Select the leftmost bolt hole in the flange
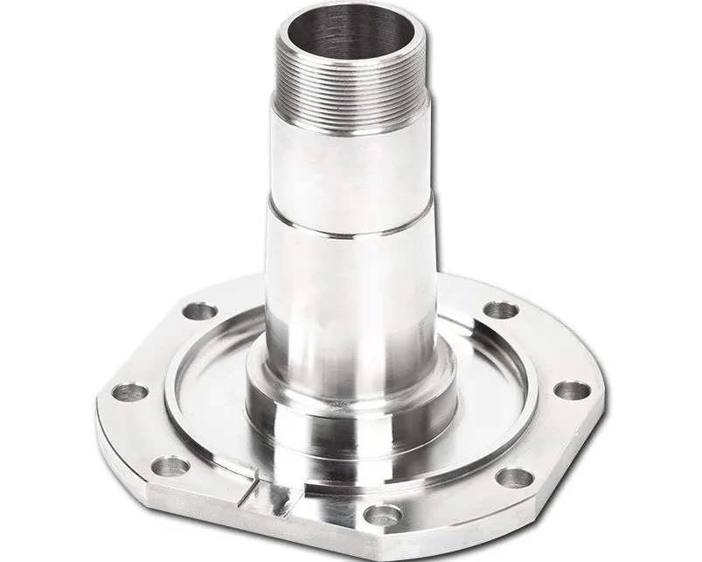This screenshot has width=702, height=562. [x=130, y=390]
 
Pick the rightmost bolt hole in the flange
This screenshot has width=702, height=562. [x=570, y=390]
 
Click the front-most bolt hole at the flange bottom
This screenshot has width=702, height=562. [x=382, y=516]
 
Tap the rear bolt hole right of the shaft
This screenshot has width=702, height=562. [x=500, y=311]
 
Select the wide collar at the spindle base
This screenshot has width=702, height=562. [x=350, y=411]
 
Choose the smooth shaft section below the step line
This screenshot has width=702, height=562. [x=350, y=298]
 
